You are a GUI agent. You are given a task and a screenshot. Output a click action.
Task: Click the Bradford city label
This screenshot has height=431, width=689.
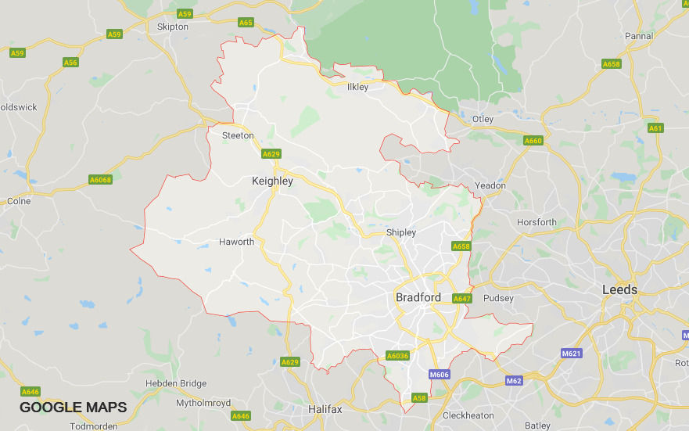coord(418,298)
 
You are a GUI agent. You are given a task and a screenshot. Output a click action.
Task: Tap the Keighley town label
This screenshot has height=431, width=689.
coord(272,181)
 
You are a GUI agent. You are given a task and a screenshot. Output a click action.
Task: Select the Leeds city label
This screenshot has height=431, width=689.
coord(619,290)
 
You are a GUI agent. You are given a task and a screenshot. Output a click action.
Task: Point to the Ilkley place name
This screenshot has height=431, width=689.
coord(357,88)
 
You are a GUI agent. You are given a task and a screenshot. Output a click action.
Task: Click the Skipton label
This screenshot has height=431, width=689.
coord(173,27)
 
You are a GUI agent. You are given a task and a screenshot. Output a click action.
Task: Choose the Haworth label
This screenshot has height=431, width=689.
coord(236,242)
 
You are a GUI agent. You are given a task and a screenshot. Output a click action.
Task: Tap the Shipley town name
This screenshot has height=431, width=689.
coord(401,232)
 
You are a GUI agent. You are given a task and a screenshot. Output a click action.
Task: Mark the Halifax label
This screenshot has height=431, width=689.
coord(324,409)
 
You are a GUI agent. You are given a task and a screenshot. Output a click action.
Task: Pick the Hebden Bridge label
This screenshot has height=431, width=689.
coord(176,384)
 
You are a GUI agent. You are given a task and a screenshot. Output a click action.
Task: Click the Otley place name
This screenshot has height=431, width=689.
coord(483,119)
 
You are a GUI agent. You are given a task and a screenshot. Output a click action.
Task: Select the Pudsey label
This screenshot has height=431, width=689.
coord(499,298)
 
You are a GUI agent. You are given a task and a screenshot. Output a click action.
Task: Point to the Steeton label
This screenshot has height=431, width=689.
coord(238,135)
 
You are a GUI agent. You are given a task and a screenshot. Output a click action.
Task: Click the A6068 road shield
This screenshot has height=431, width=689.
coord(101,180)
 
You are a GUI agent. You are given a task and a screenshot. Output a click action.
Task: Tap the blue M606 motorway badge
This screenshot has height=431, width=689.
coord(440,375)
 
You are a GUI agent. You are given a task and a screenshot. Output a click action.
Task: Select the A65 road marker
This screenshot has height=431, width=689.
coord(246,23)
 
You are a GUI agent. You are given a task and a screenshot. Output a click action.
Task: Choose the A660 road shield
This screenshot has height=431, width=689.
coord(533,141)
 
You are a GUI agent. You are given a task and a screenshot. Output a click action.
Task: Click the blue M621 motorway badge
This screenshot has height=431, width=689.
coord(572,354)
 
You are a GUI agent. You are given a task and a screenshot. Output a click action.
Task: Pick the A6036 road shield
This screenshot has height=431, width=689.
coord(398,356)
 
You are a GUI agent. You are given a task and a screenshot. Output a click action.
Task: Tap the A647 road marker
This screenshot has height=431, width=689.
coord(462,298)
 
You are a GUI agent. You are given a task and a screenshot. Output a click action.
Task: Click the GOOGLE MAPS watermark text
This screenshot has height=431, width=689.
coord(73,408)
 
